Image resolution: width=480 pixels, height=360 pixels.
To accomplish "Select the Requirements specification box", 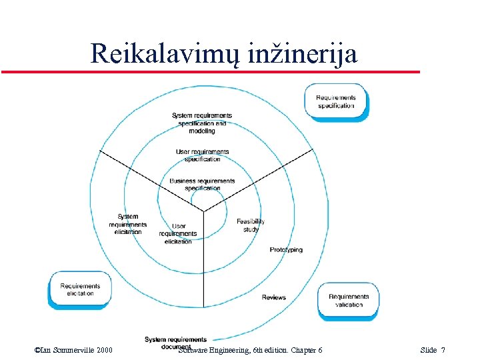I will (336, 101).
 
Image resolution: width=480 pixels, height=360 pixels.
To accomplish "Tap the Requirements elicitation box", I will (80, 290).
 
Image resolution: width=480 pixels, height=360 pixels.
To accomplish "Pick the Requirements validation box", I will (348, 301).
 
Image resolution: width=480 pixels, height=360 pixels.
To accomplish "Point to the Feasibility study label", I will (251, 225).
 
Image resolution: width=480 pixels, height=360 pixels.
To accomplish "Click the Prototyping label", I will (286, 250).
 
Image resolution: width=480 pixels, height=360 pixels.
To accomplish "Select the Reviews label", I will (273, 297).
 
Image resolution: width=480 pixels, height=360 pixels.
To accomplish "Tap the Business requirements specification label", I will (202, 185).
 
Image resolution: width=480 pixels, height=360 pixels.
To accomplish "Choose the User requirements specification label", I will (202, 155).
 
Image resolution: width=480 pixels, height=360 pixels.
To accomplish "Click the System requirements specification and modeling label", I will (202, 123).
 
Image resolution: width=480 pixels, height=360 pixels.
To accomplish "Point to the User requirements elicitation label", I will (178, 233).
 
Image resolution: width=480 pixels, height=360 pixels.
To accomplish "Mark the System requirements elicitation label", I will (128, 224).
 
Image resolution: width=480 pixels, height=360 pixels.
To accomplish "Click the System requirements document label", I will (175, 343).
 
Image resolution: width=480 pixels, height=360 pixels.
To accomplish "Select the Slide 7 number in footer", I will (433, 350).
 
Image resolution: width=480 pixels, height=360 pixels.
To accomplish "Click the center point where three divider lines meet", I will (204, 211).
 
